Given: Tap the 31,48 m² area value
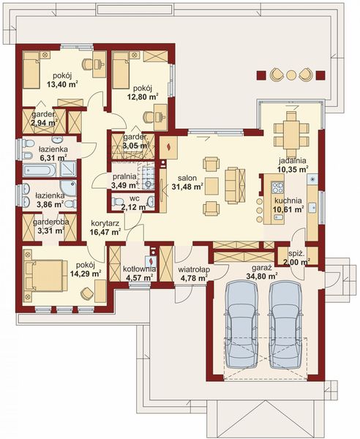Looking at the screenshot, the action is coord(187,187).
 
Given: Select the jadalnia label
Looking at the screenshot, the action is coord(292,161).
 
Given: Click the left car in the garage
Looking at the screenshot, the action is coord(241,326).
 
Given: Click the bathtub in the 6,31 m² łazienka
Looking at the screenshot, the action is coord(40,170).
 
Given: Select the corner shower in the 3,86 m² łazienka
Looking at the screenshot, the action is coord(68,188).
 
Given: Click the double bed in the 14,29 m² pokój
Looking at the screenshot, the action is coord(45,276).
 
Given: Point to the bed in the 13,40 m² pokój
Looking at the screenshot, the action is coord(31,70).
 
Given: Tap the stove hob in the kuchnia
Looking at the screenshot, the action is coord(278,187).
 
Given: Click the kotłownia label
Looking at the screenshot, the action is coord(139,269).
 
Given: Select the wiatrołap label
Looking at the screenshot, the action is coord(195,269).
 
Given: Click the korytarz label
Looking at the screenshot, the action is coord(105,223).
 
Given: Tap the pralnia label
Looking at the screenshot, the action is coord(124,177).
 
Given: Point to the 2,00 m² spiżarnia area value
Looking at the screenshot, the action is coord(297,263).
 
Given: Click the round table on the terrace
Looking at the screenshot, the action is coord(291,75).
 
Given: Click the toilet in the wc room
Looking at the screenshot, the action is coord(117,201).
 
